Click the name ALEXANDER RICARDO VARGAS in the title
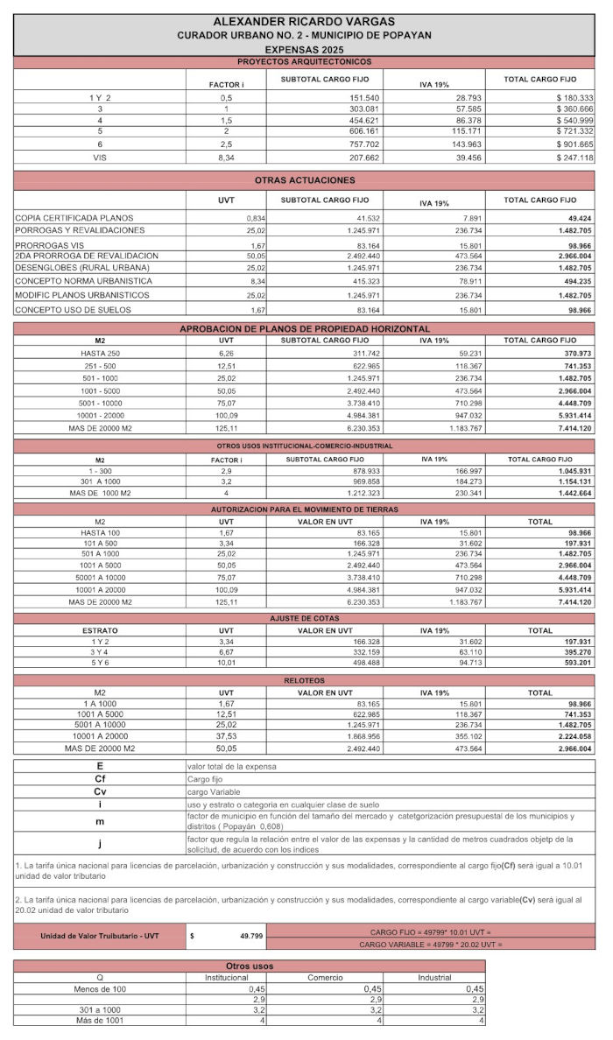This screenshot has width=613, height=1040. [x=304, y=22]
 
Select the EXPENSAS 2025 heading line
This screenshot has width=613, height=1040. [x=304, y=50]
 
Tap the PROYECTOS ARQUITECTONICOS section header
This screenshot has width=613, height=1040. [x=304, y=62]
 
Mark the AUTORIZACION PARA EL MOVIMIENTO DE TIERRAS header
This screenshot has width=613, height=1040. [x=304, y=509]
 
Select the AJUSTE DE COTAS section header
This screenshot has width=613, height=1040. [x=304, y=618]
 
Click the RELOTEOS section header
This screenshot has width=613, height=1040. [x=304, y=680]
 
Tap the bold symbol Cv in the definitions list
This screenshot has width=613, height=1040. [x=100, y=791]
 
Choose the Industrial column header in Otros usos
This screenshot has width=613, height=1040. [x=434, y=977]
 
